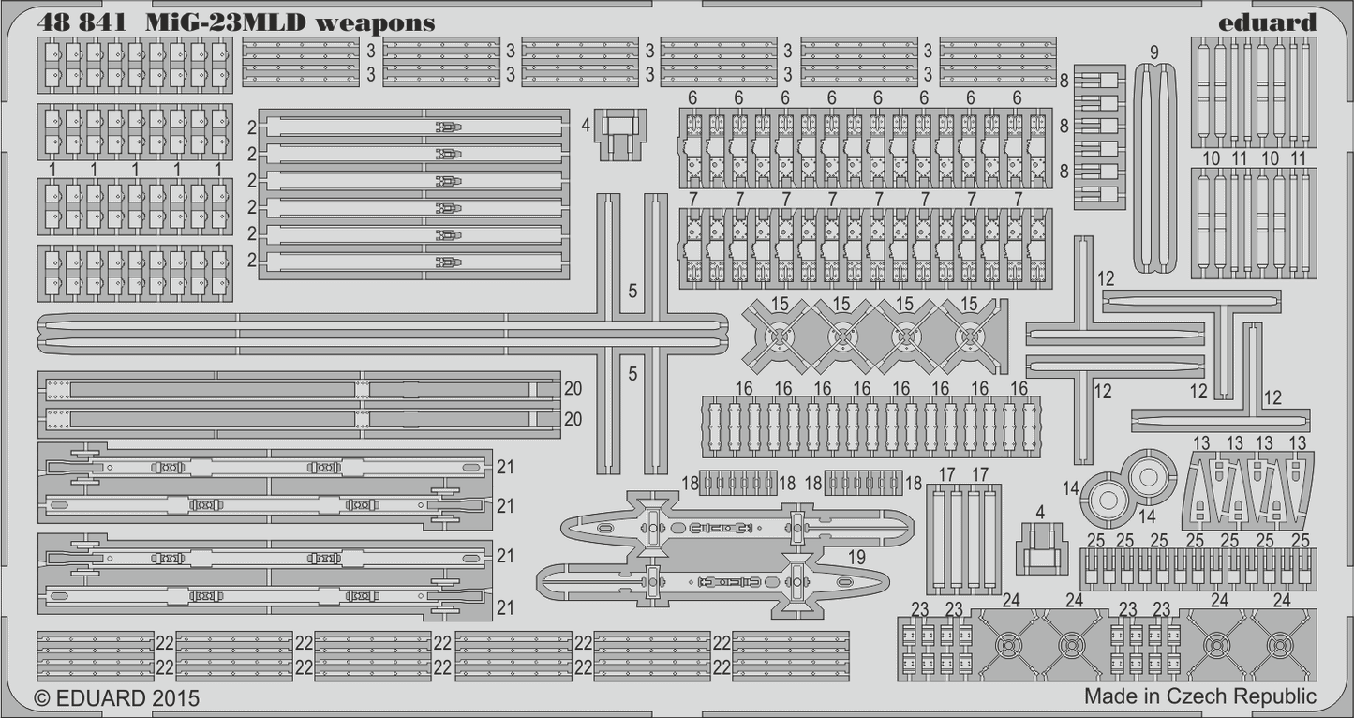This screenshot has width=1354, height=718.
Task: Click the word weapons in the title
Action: click(x=375, y=23)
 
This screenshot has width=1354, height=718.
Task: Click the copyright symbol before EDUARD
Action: click(x=42, y=698)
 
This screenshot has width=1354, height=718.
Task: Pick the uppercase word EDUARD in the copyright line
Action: click(x=100, y=698)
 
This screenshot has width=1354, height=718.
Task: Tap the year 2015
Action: click(x=176, y=698)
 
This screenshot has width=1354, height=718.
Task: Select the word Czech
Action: click(x=1198, y=696)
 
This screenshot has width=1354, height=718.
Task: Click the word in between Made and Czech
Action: click(x=1153, y=696)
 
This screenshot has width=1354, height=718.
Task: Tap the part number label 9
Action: click(x=1153, y=51)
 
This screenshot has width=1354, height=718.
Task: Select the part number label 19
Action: click(x=856, y=557)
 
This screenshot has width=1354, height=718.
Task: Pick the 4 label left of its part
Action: click(x=586, y=124)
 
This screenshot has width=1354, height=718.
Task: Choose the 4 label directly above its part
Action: click(x=1041, y=511)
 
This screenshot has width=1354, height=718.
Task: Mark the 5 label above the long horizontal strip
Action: click(x=632, y=292)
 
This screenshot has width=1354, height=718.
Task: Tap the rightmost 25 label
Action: click(x=1300, y=540)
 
